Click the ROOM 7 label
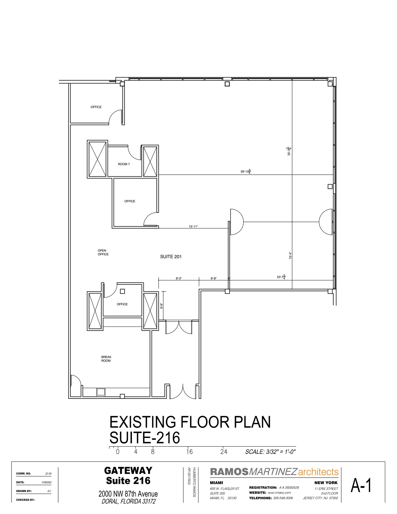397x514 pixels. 124,164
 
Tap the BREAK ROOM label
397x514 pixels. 106,359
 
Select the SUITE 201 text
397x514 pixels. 171,256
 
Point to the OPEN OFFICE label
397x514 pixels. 103,252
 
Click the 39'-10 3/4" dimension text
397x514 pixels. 246,172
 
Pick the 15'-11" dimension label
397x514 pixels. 193,226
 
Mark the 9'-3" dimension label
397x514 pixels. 179,278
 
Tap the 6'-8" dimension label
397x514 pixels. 213,278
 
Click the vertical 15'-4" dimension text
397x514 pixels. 290,255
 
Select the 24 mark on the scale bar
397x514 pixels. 224,452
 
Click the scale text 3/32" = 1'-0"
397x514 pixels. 270,452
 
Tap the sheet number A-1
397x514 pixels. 361,485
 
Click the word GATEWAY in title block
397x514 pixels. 128,470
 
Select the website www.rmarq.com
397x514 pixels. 279,492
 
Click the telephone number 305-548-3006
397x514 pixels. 283,498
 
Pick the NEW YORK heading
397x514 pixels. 326,483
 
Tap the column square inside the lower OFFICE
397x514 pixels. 122,291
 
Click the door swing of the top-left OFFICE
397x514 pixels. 115,117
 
